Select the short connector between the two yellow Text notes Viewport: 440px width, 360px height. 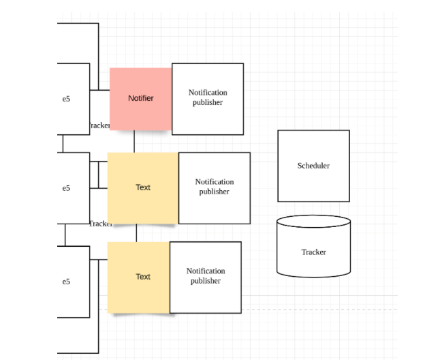[x=136, y=232]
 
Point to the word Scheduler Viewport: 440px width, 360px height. [x=313, y=166]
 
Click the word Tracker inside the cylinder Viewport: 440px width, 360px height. [x=313, y=252]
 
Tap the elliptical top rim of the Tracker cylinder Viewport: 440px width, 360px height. [x=313, y=222]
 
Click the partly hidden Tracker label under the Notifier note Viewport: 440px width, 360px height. [x=99, y=125]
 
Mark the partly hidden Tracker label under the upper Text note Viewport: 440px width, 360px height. [x=100, y=224]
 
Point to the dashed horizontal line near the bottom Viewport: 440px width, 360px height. [x=307, y=310]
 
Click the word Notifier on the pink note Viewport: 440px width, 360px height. [x=141, y=98]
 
